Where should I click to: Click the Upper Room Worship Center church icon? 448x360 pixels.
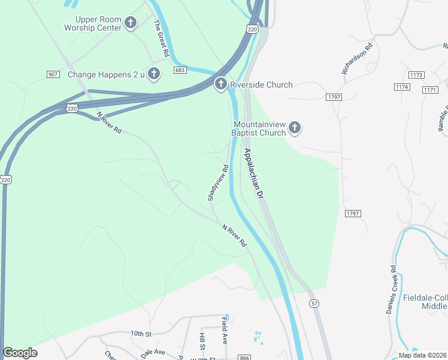pyautogui.click(x=131, y=23)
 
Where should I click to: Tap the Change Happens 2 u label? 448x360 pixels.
pyautogui.click(x=106, y=74)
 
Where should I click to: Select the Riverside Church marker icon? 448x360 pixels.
pyautogui.click(x=220, y=85)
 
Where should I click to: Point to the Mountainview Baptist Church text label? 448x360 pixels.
pyautogui.click(x=259, y=128)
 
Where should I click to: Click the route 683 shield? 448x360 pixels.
pyautogui.click(x=180, y=70)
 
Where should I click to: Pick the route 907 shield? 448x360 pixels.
pyautogui.click(x=53, y=74)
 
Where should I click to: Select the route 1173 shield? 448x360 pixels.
pyautogui.click(x=416, y=75)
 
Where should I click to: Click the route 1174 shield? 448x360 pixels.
pyautogui.click(x=402, y=87)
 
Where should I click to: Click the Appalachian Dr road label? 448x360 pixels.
pyautogui.click(x=253, y=174)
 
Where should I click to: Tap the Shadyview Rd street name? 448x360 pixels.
pyautogui.click(x=218, y=183)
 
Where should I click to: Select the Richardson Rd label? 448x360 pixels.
pyautogui.click(x=358, y=59)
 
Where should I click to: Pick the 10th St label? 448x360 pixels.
pyautogui.click(x=141, y=333)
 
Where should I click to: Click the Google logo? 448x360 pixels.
pyautogui.click(x=20, y=353)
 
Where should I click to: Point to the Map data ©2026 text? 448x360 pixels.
pyautogui.click(x=422, y=355)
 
